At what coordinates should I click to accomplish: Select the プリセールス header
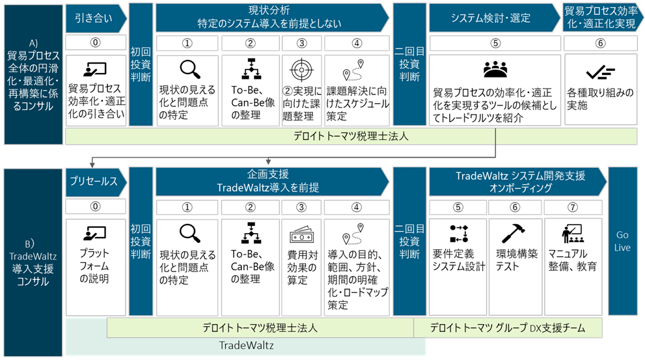(x=94, y=182)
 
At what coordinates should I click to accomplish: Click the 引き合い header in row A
(x=94, y=18)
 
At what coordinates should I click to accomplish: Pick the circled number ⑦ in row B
(x=571, y=207)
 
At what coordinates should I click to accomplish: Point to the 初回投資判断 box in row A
(x=141, y=71)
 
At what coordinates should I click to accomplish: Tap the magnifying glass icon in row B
(x=188, y=232)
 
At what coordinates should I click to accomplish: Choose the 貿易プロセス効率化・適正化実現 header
(x=602, y=18)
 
